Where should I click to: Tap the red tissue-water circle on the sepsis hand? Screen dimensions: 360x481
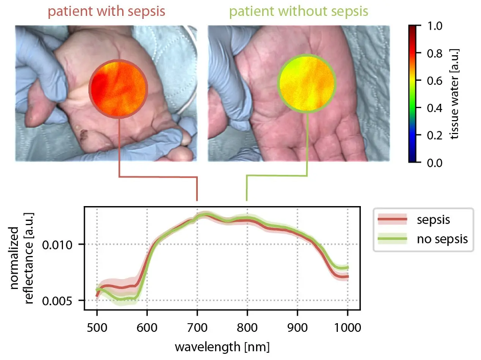point(118,88)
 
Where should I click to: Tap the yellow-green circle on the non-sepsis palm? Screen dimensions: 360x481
point(306,83)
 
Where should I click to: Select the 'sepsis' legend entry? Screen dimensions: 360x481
point(432,220)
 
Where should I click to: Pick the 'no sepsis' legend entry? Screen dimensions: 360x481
point(442,239)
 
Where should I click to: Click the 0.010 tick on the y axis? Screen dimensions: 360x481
point(67,244)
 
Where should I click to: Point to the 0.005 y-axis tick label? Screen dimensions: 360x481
point(67,300)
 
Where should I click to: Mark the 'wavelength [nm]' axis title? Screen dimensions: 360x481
point(222,347)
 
